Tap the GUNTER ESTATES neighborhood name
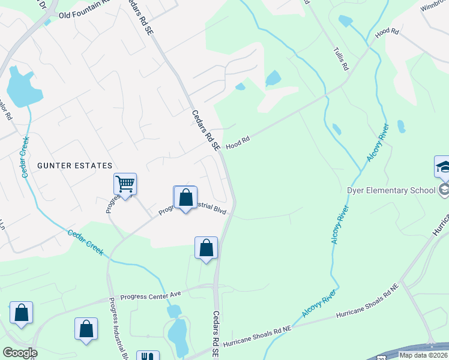point(75,166)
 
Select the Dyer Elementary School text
point(391,191)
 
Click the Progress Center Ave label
point(151,296)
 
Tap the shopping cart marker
point(125,184)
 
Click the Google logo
point(20,353)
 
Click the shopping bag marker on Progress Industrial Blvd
point(185,197)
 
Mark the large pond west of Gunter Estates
point(23,89)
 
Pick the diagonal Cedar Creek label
point(85,242)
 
